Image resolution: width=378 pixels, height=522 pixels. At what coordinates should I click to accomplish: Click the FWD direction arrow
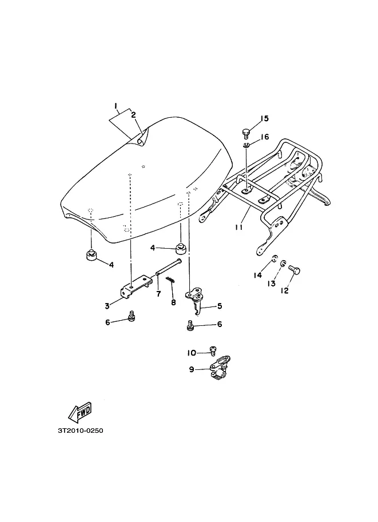point(80,412)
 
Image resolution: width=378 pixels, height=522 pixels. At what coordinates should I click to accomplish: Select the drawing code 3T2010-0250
point(81,431)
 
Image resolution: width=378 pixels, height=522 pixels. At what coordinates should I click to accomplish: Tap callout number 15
point(264,118)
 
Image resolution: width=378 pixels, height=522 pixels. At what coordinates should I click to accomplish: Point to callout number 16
point(265,137)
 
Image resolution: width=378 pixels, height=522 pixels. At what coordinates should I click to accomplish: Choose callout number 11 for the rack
point(238,228)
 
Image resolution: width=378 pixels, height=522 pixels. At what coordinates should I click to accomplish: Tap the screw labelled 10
point(213,350)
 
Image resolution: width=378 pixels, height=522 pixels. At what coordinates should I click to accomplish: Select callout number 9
point(192,369)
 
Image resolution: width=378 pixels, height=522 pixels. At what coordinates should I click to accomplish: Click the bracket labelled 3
point(136,286)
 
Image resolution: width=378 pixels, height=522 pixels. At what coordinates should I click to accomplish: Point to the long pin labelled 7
point(169,266)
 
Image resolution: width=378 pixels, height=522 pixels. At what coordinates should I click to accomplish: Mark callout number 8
point(173,302)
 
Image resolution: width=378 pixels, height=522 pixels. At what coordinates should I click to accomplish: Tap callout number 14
point(257,276)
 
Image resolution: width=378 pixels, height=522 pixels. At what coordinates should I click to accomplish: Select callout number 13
point(272,284)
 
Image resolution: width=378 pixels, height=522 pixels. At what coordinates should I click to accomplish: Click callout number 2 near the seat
point(133,115)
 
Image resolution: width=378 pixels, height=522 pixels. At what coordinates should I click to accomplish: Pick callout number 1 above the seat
point(116,106)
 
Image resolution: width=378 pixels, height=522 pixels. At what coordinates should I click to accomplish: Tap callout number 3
point(107,306)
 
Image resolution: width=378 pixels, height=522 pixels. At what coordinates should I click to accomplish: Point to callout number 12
point(284,290)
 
